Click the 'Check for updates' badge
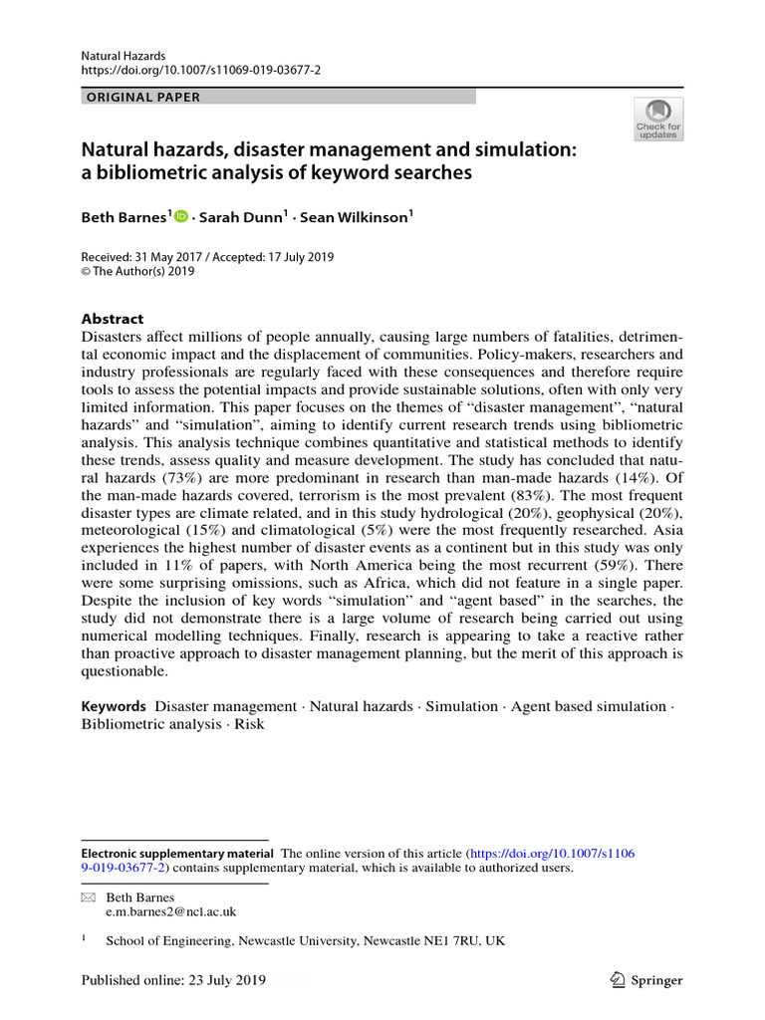click(x=657, y=119)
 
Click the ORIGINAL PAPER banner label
click(x=142, y=97)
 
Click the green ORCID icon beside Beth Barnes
click(x=181, y=215)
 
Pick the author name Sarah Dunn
click(x=242, y=215)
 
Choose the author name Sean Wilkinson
click(x=358, y=215)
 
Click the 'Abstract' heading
click(x=112, y=319)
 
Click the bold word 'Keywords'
click(x=114, y=706)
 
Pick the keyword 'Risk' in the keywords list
click(x=249, y=724)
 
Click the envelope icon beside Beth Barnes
click(x=86, y=896)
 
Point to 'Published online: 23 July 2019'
click(x=174, y=980)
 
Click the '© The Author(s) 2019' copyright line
click(x=138, y=271)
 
